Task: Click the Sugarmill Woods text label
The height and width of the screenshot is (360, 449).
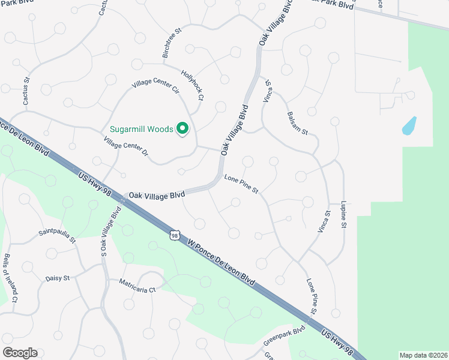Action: click(x=141, y=129)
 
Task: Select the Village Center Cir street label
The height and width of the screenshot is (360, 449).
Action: click(x=155, y=87)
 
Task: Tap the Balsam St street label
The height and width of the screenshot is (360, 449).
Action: click(x=297, y=123)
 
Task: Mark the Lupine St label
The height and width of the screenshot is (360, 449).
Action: click(x=344, y=215)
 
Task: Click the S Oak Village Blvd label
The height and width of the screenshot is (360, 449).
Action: click(x=111, y=232)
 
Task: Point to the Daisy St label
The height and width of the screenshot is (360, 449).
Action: click(x=58, y=278)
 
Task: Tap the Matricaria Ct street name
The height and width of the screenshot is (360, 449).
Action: click(x=137, y=285)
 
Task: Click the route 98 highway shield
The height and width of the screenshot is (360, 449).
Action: click(x=174, y=236)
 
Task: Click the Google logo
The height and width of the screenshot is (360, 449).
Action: click(x=20, y=353)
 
